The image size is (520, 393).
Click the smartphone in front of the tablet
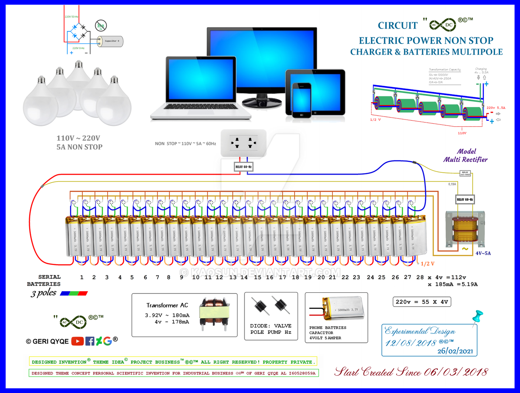pyautogui.click(x=301, y=100)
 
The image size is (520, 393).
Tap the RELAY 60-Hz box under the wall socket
pyautogui.click(x=243, y=167)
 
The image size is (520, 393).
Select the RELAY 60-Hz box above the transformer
pyautogui.click(x=465, y=199)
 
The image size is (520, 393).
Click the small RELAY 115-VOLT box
pyautogui.click(x=465, y=173)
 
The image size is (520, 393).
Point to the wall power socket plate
pyautogui.click(x=243, y=143)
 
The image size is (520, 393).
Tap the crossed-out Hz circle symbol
pyautogui.click(x=101, y=25)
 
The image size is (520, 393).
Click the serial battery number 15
pyautogui.click(x=257, y=277)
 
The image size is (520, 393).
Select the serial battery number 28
pyautogui.click(x=420, y=277)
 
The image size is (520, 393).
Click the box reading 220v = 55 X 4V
pyautogui.click(x=422, y=302)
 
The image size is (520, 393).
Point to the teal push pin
pyautogui.click(x=478, y=316)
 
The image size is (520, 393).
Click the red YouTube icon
pyautogui.click(x=77, y=341)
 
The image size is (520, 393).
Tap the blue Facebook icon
pyautogui.click(x=90, y=341)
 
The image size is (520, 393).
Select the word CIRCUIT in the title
pyautogui.click(x=397, y=26)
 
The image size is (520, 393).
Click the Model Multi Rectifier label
pyautogui.click(x=465, y=156)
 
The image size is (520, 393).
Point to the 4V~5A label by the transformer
pyautogui.click(x=483, y=253)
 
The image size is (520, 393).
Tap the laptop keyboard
pyautogui.click(x=201, y=107)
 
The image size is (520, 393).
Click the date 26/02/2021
pyautogui.click(x=455, y=351)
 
